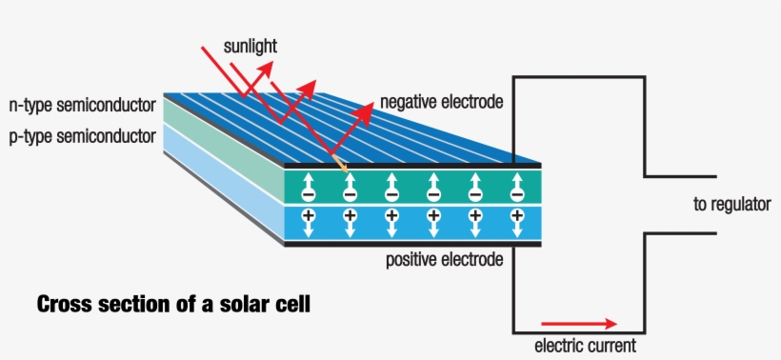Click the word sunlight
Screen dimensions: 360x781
pos(250,46)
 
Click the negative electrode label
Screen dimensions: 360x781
pos(440,101)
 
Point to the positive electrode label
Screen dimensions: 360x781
pos(443,259)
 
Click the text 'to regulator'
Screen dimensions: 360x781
pos(731,204)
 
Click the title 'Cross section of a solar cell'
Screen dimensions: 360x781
pos(172,305)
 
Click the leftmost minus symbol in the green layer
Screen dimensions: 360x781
pos(308,194)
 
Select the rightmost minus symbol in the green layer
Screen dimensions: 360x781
pos(517,194)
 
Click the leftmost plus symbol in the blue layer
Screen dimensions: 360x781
pos(308,216)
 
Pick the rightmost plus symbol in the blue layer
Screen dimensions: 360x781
pos(517,216)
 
